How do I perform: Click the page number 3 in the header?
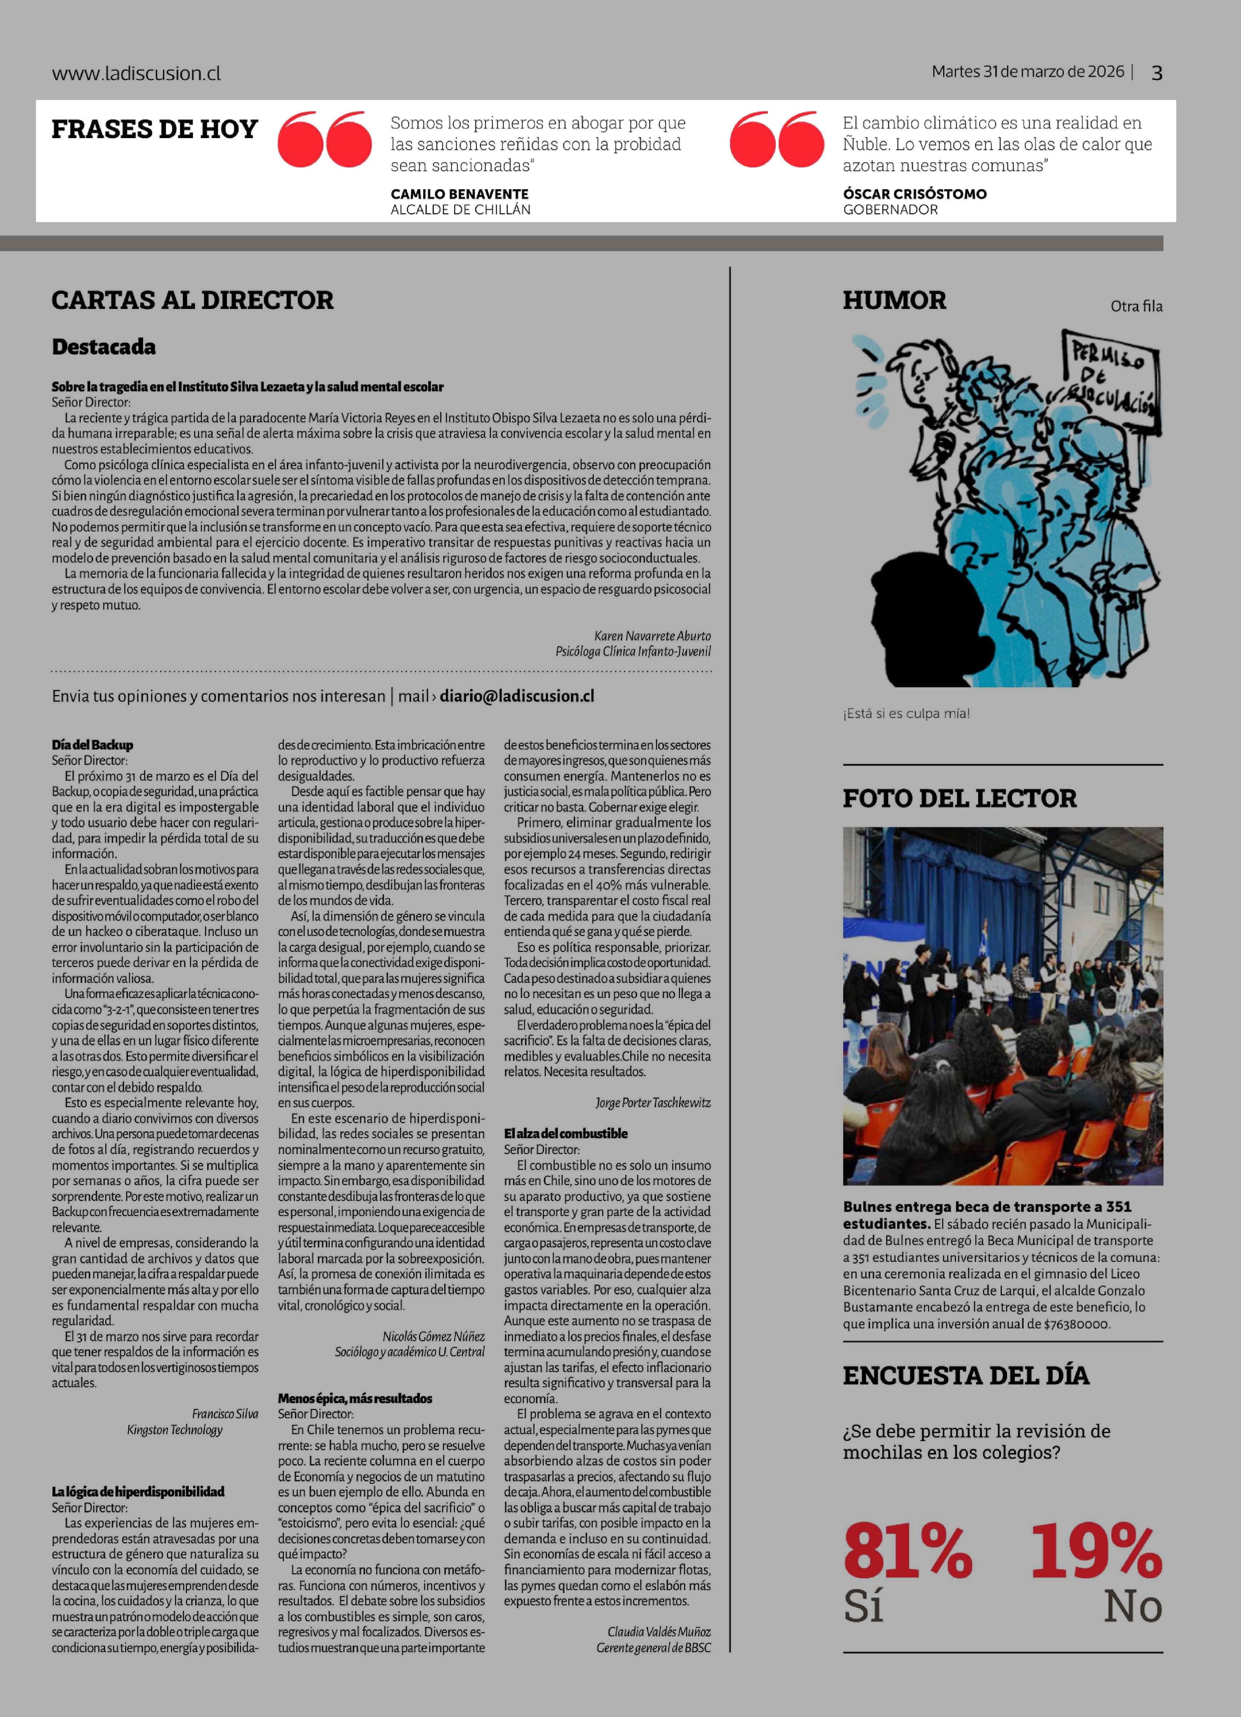tap(1156, 73)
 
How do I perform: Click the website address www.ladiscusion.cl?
tap(136, 73)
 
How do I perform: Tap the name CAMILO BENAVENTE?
tap(460, 194)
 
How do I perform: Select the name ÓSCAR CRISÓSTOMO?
tap(914, 194)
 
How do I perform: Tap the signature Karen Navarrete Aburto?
tap(652, 636)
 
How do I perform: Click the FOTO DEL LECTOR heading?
tap(959, 798)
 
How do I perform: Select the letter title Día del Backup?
tap(92, 745)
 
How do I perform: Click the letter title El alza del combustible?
tap(566, 1133)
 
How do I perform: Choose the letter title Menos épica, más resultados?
tap(355, 1398)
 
